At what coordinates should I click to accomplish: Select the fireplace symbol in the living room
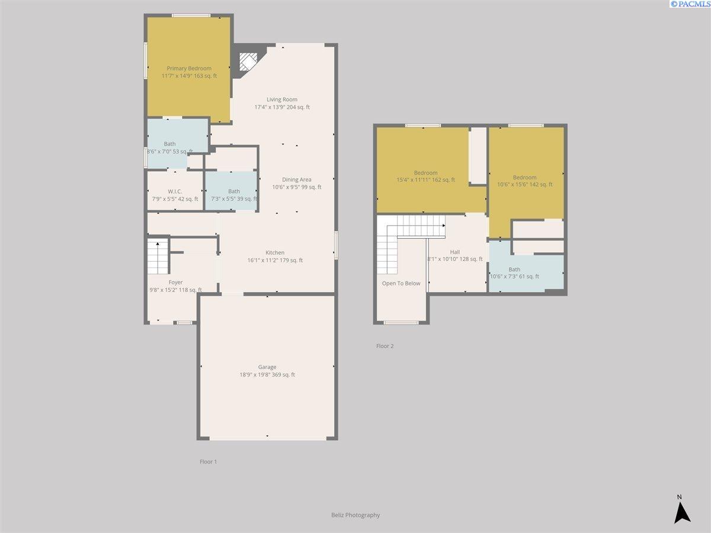click(248, 62)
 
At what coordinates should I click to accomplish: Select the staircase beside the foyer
click(158, 256)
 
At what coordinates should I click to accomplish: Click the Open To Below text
click(401, 283)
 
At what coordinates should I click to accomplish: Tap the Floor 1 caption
click(209, 461)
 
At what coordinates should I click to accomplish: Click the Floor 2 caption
click(385, 346)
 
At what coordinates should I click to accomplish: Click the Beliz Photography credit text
click(355, 515)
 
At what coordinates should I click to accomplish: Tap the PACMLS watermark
click(690, 4)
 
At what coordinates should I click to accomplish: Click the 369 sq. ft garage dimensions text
click(267, 375)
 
